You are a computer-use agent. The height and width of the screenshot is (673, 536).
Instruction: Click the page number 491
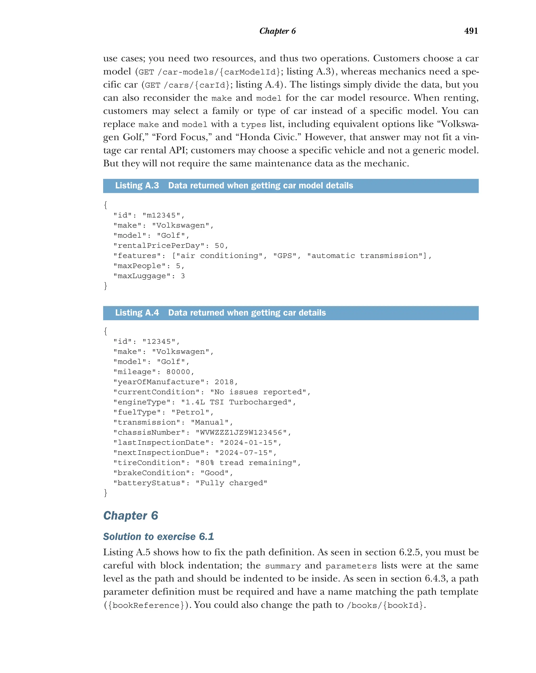(471, 31)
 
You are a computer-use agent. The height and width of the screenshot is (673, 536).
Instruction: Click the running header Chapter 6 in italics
(277, 31)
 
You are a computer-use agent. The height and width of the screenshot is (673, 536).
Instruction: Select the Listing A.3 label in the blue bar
(137, 186)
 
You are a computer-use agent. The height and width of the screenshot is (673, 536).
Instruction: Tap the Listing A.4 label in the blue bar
(137, 313)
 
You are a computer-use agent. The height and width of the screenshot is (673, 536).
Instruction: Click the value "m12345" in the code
(161, 215)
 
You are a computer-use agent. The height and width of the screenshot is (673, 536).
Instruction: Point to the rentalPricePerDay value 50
(219, 246)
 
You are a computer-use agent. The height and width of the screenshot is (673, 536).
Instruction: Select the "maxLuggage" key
(142, 276)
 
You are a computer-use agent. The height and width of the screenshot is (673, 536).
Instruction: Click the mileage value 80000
(178, 372)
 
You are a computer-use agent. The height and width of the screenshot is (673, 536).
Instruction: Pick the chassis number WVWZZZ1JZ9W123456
(241, 433)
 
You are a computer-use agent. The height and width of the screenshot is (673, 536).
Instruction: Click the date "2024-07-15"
(243, 453)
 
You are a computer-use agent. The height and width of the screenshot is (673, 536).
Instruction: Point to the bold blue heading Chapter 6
(131, 516)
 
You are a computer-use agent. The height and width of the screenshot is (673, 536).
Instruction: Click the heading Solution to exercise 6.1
(158, 537)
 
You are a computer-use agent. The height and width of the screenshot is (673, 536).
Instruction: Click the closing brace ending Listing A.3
(105, 286)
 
